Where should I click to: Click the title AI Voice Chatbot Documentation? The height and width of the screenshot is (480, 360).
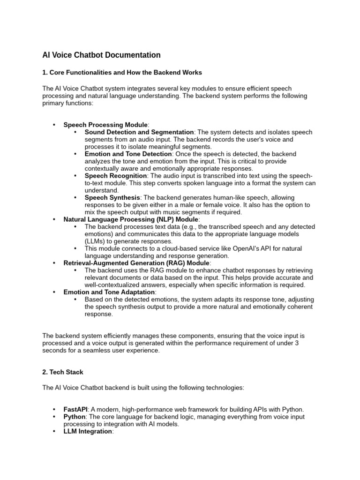click(x=101, y=55)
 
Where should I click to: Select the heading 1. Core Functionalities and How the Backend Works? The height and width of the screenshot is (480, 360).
click(x=122, y=73)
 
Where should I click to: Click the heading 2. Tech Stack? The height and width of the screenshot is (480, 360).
click(x=63, y=372)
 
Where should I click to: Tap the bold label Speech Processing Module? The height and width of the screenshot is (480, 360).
click(x=105, y=125)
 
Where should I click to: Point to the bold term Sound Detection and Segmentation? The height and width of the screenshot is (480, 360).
click(x=139, y=132)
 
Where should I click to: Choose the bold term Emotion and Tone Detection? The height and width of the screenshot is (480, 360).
click(x=128, y=154)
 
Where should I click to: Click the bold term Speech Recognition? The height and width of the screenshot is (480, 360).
click(x=116, y=176)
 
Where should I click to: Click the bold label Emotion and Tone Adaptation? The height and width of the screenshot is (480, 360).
click(x=109, y=292)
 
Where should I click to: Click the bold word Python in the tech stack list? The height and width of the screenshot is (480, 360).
click(x=75, y=417)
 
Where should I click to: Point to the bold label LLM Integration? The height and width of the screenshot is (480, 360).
click(x=88, y=431)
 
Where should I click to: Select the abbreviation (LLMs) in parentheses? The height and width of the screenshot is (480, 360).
click(x=96, y=241)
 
